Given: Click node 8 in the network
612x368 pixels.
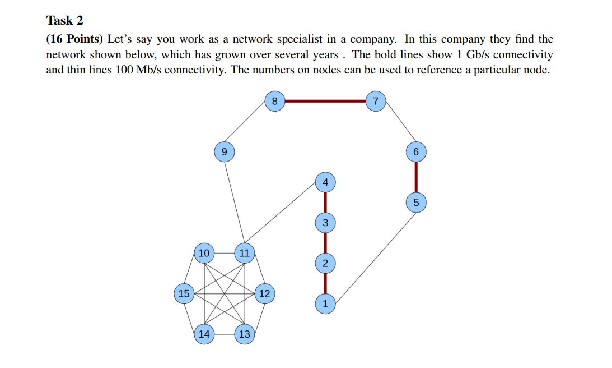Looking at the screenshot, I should [274, 102].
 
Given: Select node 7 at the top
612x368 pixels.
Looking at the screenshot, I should [376, 102].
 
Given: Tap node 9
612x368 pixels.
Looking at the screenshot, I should [224, 152].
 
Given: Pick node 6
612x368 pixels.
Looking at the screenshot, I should [415, 152].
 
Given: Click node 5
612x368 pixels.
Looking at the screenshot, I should [415, 202].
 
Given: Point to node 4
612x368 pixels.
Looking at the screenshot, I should [325, 182].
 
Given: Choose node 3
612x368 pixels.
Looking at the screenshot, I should [325, 223].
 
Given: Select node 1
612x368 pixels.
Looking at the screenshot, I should [325, 304].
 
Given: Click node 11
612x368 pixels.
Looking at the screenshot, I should [245, 253].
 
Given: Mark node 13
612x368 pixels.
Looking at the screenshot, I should [245, 334].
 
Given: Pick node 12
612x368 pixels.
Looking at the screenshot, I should [264, 293].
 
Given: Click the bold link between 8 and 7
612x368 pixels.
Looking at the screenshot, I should [325, 102].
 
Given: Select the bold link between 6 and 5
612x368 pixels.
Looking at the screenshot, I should [415, 177].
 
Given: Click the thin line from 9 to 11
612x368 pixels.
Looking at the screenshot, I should [234, 202].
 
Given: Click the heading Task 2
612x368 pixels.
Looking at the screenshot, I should [64, 21].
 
